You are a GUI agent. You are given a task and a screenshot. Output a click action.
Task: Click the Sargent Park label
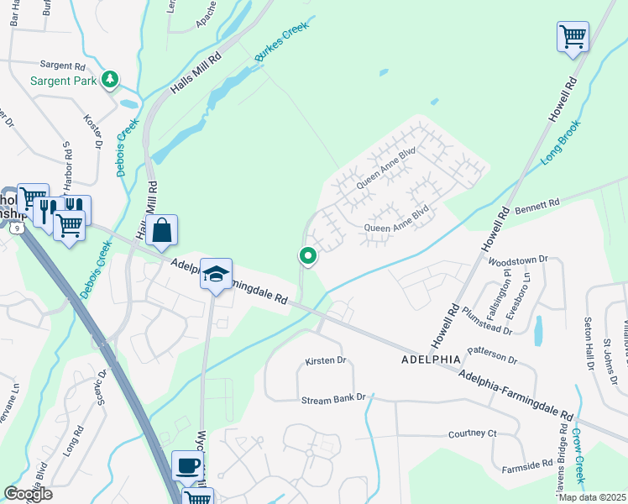(x=63, y=81)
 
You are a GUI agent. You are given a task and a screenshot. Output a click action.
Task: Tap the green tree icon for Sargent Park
(x=109, y=80)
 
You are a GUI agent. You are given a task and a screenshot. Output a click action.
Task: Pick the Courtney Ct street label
(x=474, y=433)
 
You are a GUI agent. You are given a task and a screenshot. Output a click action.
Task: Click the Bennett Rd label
(x=536, y=204)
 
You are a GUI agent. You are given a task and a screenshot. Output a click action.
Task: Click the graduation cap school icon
(x=217, y=275)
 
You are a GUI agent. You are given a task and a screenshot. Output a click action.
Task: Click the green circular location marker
(x=308, y=256)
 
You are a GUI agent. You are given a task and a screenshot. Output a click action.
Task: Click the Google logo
(x=29, y=494)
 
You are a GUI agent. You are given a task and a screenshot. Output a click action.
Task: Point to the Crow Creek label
(x=578, y=457)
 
